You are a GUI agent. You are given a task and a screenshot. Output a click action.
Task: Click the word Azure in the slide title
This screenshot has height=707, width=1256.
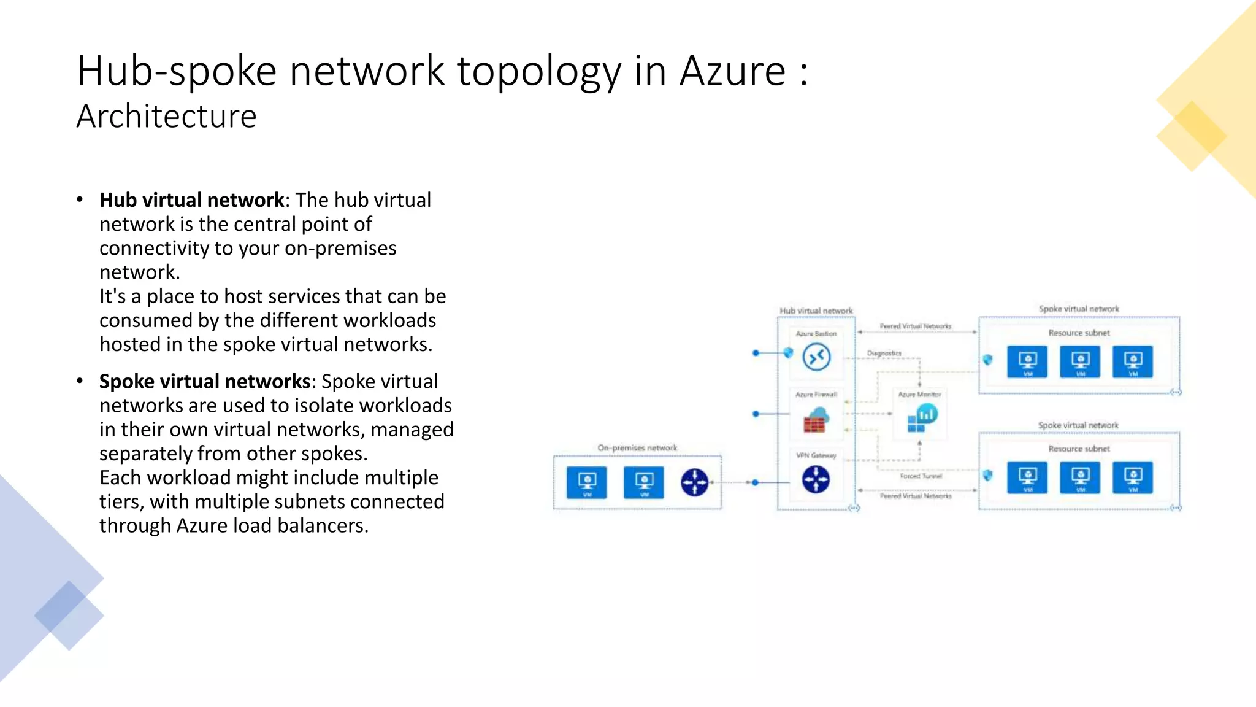click(732, 71)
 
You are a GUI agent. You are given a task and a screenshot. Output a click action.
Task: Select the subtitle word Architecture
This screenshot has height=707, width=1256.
click(166, 117)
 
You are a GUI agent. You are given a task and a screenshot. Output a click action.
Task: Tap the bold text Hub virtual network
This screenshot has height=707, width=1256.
click(191, 200)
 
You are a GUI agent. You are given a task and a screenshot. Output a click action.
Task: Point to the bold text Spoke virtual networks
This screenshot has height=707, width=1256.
click(205, 381)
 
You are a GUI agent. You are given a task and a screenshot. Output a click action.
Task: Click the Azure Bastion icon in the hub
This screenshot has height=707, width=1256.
click(816, 357)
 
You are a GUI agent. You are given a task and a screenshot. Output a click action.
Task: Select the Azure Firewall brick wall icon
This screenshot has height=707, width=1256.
click(815, 421)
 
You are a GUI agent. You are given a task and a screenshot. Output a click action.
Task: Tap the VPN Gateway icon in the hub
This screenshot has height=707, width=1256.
click(816, 479)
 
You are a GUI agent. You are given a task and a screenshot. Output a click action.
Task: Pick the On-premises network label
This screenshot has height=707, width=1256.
click(637, 448)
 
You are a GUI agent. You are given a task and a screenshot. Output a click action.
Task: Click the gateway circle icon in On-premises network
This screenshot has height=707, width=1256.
click(694, 482)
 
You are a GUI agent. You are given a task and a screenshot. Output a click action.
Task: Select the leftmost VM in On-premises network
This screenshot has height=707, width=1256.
click(587, 482)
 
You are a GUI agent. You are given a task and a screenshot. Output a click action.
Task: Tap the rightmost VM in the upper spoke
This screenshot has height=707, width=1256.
click(1133, 361)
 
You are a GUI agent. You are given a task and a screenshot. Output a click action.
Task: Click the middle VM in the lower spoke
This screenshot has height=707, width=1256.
click(1080, 477)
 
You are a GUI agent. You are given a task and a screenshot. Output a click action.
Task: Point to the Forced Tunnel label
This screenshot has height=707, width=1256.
click(921, 476)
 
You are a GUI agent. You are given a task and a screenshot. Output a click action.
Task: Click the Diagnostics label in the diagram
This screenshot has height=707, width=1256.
click(884, 353)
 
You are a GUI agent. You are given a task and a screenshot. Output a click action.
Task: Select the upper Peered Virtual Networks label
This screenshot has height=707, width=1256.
click(915, 326)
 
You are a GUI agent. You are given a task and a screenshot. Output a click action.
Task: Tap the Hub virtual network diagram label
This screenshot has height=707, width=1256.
click(816, 311)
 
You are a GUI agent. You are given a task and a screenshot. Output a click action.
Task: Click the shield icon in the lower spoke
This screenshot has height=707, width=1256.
click(987, 476)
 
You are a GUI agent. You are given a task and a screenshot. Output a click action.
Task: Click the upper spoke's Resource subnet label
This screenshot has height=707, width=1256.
click(1079, 333)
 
